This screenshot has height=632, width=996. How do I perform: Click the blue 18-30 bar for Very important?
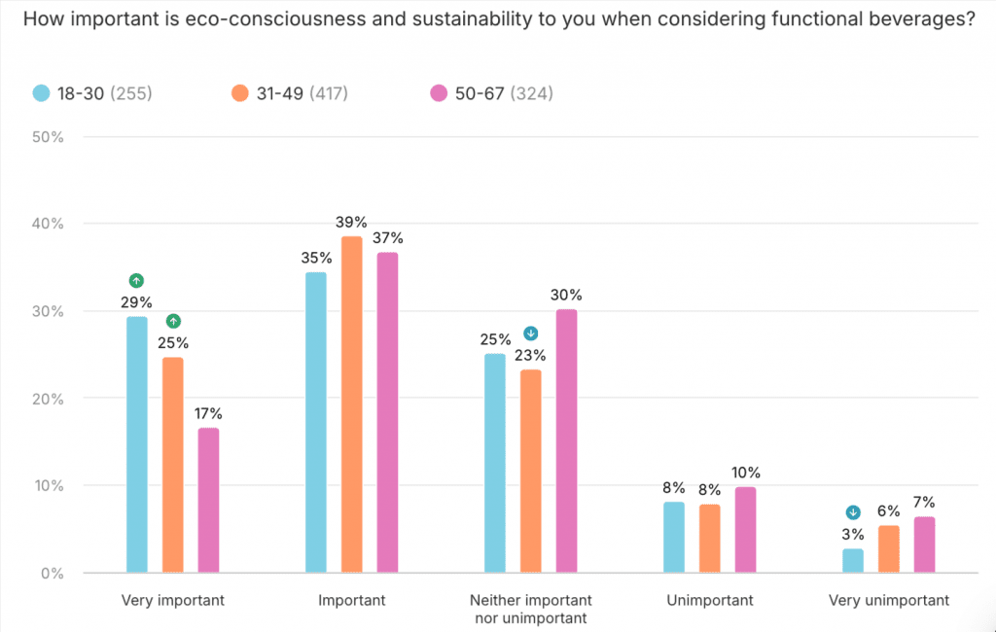(137, 444)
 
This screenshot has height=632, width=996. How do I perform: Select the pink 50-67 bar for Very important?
(208, 500)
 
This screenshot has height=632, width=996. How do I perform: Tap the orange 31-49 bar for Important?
(352, 404)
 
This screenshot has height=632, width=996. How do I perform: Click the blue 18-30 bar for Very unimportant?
(853, 561)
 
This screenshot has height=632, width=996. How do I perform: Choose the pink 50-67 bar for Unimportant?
(745, 530)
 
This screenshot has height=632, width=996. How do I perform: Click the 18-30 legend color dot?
(42, 93)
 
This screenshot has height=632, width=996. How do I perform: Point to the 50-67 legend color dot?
(439, 93)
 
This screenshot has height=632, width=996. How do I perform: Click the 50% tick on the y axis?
(48, 137)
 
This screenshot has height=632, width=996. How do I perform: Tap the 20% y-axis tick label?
(48, 399)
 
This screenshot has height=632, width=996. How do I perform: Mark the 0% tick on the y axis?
(52, 574)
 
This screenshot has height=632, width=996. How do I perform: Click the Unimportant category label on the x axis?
(710, 600)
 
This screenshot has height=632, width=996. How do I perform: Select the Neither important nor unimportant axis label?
(531, 609)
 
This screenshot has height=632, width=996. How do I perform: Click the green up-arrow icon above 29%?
(136, 280)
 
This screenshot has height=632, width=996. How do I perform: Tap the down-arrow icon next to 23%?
(531, 334)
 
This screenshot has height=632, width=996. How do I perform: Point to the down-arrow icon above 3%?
(853, 512)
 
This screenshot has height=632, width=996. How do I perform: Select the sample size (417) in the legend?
(329, 93)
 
